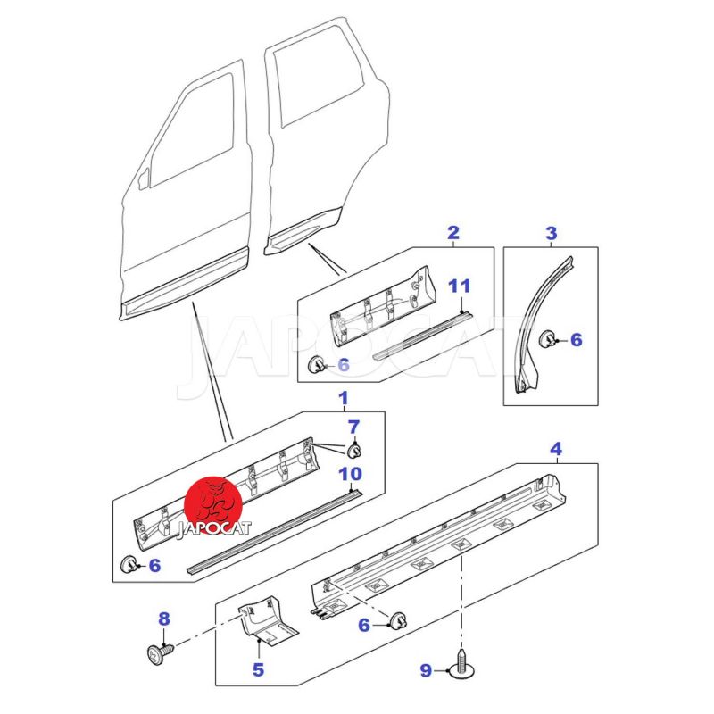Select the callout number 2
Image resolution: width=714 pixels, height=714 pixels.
[x=453, y=234]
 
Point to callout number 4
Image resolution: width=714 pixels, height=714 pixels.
[x=555, y=448]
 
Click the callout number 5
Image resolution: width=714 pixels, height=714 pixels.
[x=257, y=668]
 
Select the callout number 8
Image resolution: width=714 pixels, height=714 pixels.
[x=163, y=619]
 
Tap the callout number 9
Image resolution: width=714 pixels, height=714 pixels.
[x=426, y=670]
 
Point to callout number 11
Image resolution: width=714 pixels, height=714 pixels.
[x=459, y=286]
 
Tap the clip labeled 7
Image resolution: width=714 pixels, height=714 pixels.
[x=354, y=447]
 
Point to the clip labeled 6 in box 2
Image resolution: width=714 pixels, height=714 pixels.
[x=316, y=363]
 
